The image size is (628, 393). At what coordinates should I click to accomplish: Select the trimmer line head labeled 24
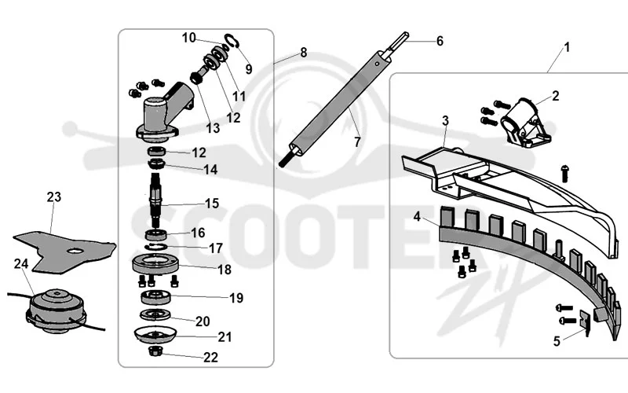point(56,310)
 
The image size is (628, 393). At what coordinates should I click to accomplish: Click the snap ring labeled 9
point(232,40)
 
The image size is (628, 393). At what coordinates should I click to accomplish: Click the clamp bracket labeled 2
point(525,122)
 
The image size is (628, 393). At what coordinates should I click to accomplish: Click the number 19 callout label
point(236,298)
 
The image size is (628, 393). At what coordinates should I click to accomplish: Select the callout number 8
point(303,53)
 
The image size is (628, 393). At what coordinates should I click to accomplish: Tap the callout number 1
point(567,47)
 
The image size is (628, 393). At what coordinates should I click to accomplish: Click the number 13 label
point(213,128)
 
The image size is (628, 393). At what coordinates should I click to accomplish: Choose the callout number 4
point(417,217)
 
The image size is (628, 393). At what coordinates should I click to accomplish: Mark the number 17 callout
point(215,248)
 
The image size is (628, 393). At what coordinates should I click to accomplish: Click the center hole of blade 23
point(75,251)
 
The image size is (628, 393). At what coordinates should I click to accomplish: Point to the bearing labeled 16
point(156,234)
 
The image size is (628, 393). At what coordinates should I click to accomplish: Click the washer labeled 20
point(155,315)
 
